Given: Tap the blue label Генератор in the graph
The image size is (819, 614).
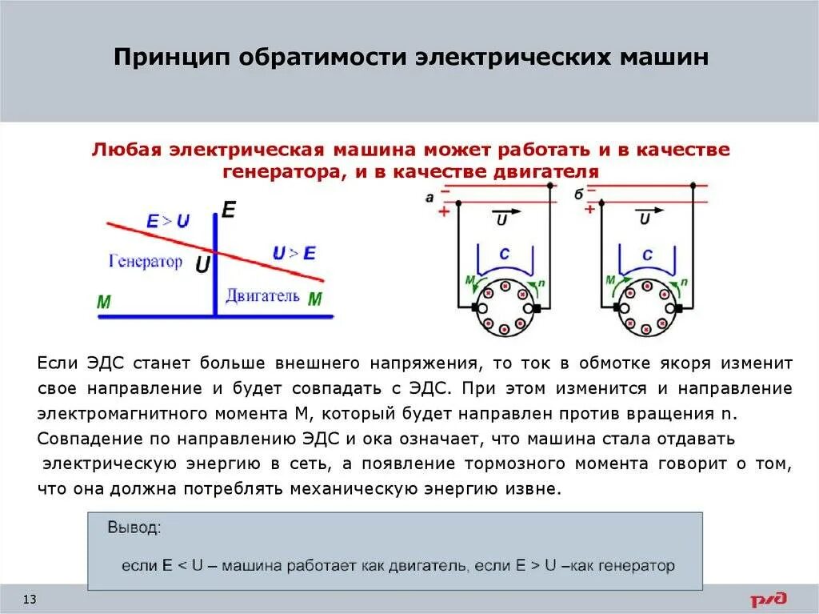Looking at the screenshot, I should pos(145,262).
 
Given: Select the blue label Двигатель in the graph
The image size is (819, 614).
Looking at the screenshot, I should pos(262,295).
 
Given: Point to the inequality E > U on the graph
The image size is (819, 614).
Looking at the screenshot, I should pos(168,222).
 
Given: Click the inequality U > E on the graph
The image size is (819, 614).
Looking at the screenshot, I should pos(294,254).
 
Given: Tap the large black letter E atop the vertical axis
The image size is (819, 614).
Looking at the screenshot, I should pos(229,211).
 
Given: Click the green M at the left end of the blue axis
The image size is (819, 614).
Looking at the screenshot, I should pos(103,303).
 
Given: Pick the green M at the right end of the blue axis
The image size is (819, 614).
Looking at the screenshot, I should pos(314,299).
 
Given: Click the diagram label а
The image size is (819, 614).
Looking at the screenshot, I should pos(430,195).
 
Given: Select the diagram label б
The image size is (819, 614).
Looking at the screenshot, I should pos(578,195).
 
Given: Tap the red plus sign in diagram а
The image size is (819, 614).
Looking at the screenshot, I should pos(441,211).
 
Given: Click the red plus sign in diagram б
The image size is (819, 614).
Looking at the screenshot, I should pos(589,210).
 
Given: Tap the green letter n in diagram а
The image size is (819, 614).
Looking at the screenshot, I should pos(542,282).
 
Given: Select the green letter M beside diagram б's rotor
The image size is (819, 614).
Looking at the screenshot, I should pos(610,280).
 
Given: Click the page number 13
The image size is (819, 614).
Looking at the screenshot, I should pos(31,600).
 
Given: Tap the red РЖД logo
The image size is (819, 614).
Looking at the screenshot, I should pos(769,599).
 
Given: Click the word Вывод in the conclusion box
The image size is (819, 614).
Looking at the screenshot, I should pos(134,528).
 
